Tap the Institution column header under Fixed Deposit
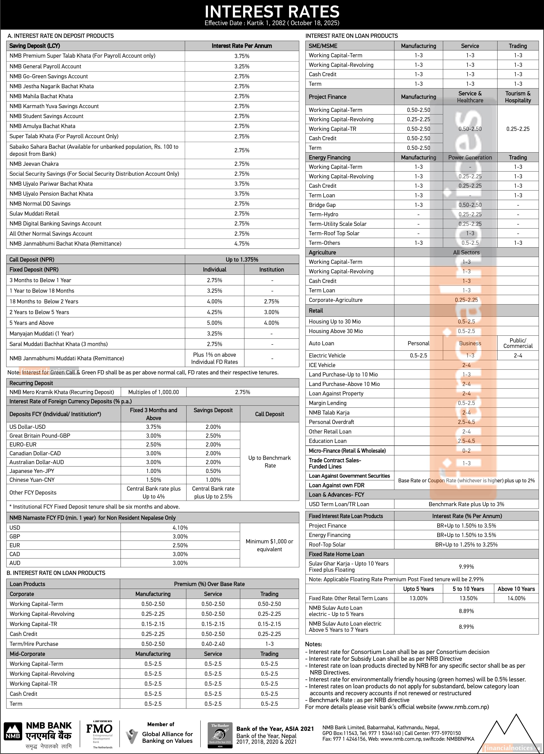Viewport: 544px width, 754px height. click(x=272, y=270)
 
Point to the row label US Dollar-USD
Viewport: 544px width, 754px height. click(x=28, y=427)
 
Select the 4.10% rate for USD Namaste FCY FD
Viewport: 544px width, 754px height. click(x=180, y=528)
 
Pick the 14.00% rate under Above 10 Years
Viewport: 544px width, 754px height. click(x=516, y=598)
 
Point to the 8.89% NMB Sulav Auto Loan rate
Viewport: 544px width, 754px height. click(x=466, y=611)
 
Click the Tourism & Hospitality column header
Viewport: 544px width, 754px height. click(x=518, y=97)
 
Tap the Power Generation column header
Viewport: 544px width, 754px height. click(x=470, y=158)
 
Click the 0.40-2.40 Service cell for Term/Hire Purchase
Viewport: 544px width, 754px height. click(x=213, y=644)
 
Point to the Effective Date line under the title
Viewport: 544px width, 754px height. click(x=272, y=23)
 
